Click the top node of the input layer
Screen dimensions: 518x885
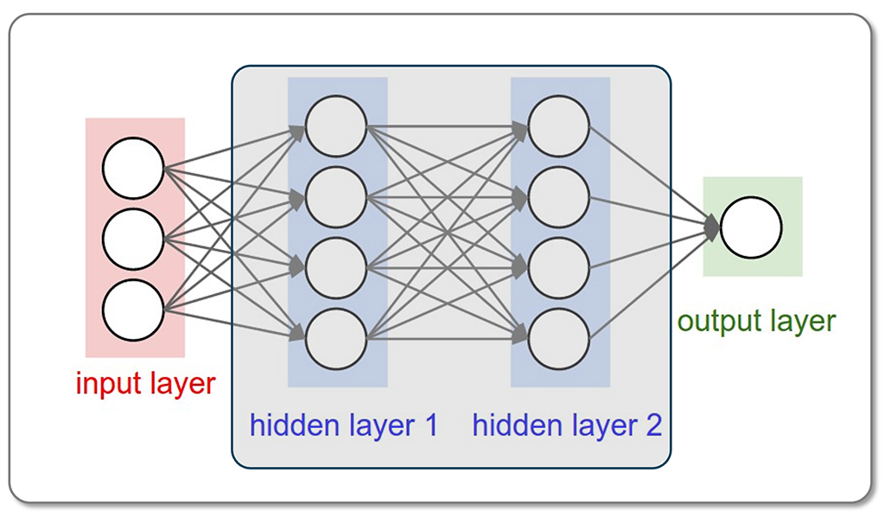(133, 169)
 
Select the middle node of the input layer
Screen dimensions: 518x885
(133, 238)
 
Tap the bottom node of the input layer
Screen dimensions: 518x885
(133, 309)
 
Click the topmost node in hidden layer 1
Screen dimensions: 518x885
(336, 126)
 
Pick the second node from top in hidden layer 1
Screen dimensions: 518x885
(336, 197)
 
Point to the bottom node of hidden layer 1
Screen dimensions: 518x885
(336, 338)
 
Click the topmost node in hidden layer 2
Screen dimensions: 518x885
(559, 126)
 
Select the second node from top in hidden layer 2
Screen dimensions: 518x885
(559, 197)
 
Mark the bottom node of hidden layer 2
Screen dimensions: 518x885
(559, 338)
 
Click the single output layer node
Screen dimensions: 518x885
(751, 227)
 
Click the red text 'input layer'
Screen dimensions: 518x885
(145, 383)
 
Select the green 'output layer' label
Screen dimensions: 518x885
(756, 322)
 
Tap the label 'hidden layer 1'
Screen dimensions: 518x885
(344, 425)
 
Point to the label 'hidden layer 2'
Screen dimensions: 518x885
(567, 425)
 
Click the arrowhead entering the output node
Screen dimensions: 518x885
(713, 227)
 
